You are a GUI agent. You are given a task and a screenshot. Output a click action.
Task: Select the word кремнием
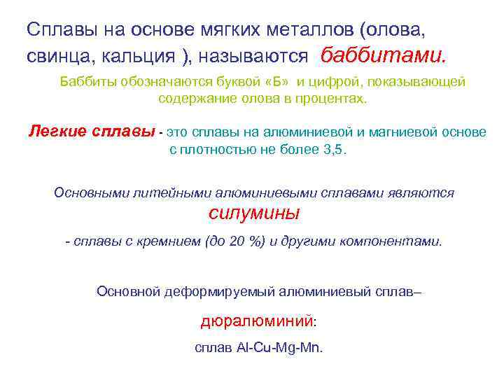click(x=161, y=241)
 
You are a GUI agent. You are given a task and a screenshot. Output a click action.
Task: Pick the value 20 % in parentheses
click(x=244, y=241)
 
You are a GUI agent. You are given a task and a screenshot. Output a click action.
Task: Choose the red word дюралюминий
click(x=255, y=321)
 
